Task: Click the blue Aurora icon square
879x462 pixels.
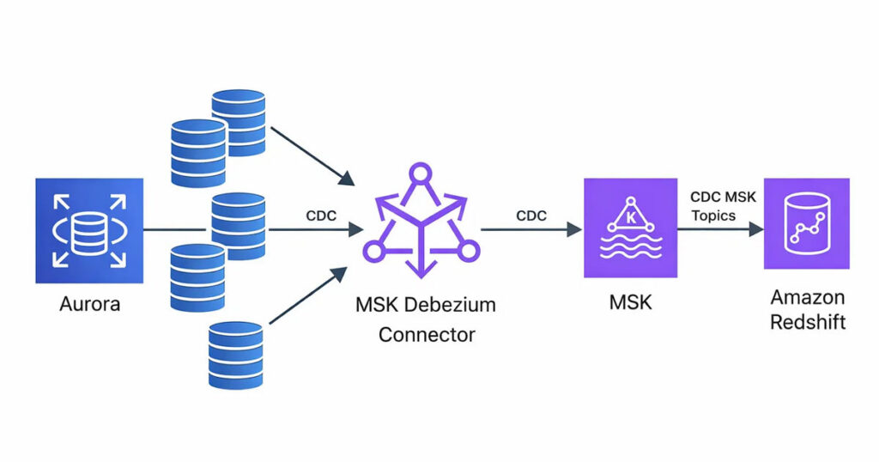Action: pos(89,230)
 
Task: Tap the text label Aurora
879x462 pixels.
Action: pos(89,303)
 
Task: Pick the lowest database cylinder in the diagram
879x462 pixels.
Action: pos(235,355)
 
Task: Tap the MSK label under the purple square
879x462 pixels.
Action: pos(626,303)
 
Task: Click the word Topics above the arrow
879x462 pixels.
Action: pos(713,216)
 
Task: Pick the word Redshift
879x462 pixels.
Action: pos(807,323)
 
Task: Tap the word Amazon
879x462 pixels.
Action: pos(807,298)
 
